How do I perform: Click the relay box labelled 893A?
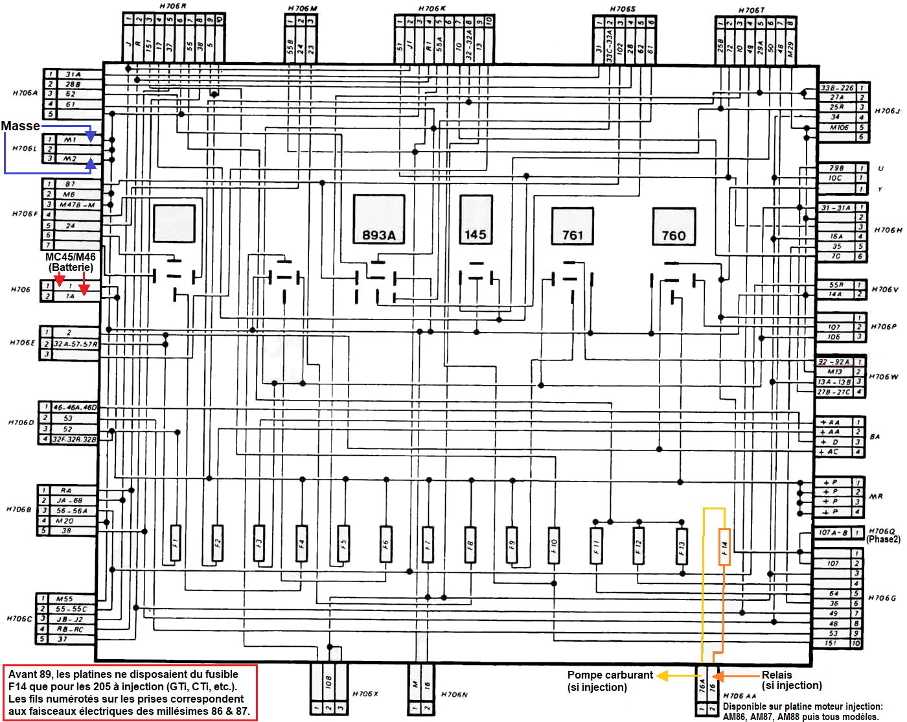coord(379,219)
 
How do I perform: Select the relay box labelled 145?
coord(476,218)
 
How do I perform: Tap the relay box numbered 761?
coord(573,226)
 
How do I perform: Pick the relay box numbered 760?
coord(674,226)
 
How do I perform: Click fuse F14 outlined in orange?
coord(724,546)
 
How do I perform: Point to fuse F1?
coord(175,542)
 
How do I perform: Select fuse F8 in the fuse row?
coord(470,542)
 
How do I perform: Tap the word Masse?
coord(20,126)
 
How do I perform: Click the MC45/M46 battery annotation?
coord(71,262)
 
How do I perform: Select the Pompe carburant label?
coord(610,681)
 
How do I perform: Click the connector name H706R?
coord(173,6)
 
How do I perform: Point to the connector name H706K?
coord(432,8)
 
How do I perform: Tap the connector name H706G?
coord(882,598)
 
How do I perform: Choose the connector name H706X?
coord(365,694)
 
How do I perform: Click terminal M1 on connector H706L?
coord(70,139)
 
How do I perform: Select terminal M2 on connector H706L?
coord(70,158)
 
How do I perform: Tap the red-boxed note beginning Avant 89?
coord(130,692)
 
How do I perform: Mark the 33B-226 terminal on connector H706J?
coord(837,87)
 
